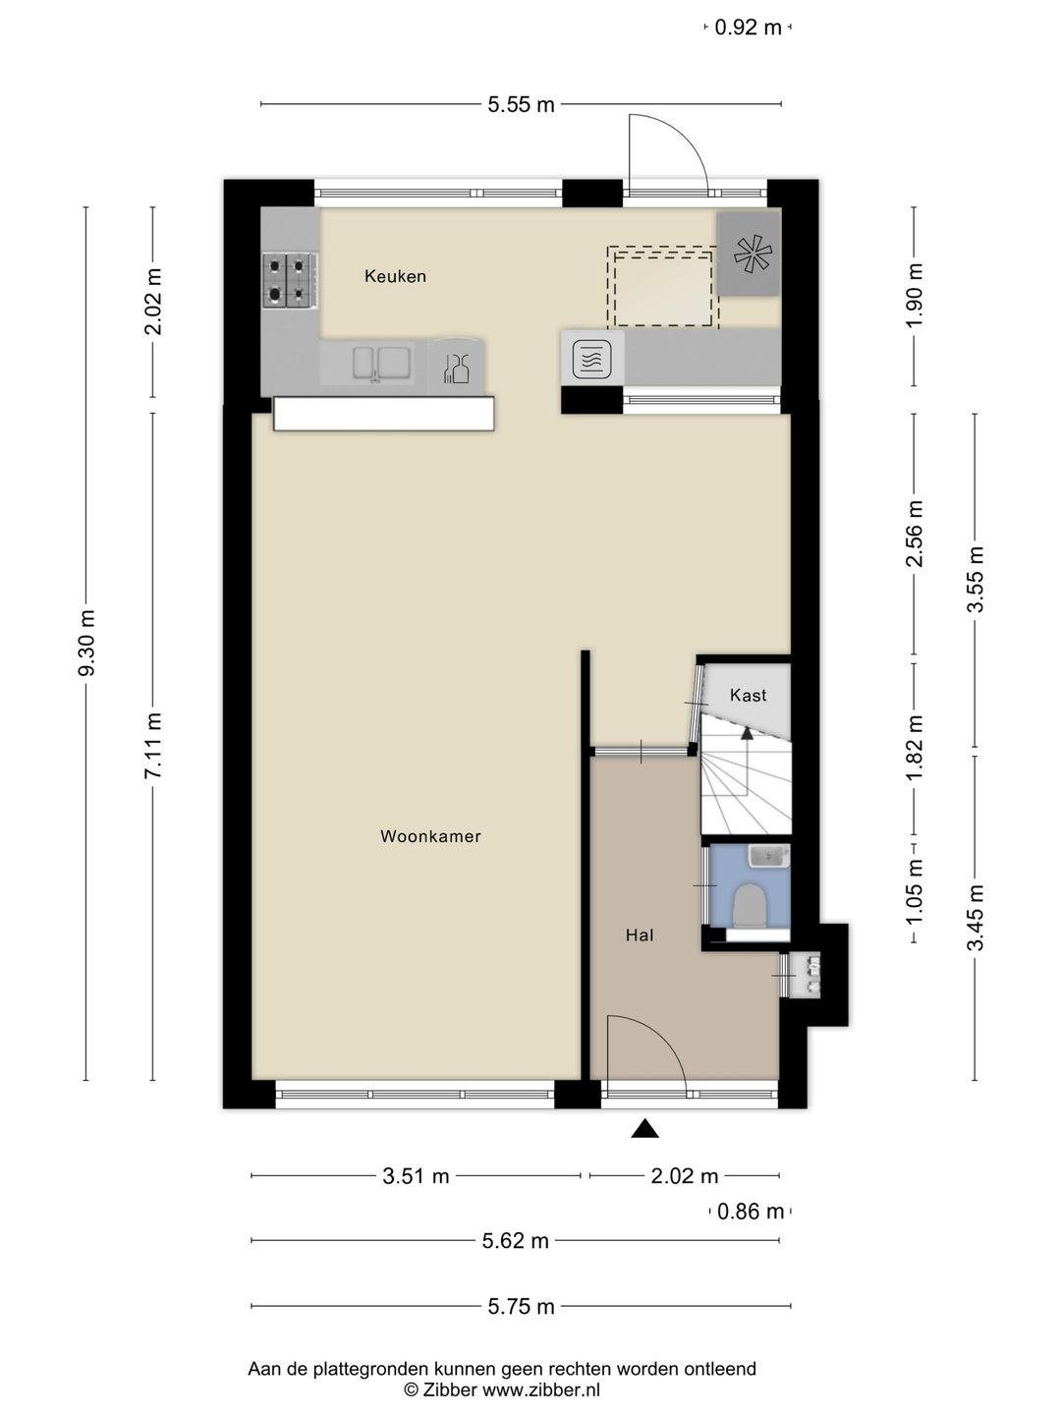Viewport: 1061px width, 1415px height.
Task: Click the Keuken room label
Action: tap(395, 276)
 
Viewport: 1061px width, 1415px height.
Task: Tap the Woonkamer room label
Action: tap(430, 836)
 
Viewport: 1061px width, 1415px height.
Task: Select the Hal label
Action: tap(640, 935)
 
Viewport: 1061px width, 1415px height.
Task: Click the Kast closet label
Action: tap(748, 695)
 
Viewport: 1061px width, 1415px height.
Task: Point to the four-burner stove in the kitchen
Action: tap(289, 280)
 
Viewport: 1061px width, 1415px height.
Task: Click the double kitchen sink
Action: tap(381, 364)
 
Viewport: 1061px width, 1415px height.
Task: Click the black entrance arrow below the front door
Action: tap(644, 1129)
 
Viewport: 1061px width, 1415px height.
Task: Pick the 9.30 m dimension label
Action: tap(86, 643)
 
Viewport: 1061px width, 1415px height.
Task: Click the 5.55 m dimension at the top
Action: tap(521, 104)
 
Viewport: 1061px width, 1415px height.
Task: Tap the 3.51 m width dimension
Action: tap(416, 1176)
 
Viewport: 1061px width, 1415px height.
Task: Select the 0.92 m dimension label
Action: tap(748, 28)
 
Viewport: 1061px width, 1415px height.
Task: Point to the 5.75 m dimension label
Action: tap(521, 1306)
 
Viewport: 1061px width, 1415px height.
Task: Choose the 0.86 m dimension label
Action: tap(750, 1212)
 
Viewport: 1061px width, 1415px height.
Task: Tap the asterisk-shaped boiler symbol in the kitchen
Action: tap(753, 254)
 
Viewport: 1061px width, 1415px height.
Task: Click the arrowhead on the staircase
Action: tap(747, 732)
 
